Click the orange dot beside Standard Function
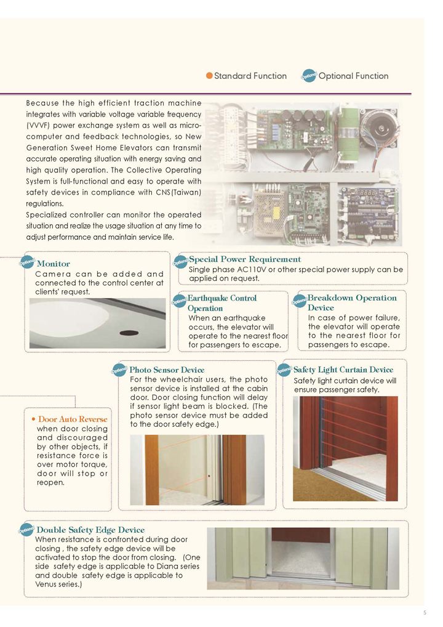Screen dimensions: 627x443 click(x=209, y=76)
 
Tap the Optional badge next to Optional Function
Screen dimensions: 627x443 click(x=309, y=76)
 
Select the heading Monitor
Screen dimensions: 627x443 click(x=54, y=264)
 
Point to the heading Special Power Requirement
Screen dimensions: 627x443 click(x=245, y=259)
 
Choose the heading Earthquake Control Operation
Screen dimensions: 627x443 click(x=221, y=303)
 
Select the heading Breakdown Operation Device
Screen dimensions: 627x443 click(x=351, y=302)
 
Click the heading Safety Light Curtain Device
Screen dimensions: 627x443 click(x=343, y=370)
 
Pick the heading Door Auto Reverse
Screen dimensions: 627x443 click(x=73, y=419)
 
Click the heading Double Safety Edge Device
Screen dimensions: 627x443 click(x=90, y=530)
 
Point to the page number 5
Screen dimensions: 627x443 click(x=425, y=612)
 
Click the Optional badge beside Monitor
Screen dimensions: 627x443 click(x=28, y=262)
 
